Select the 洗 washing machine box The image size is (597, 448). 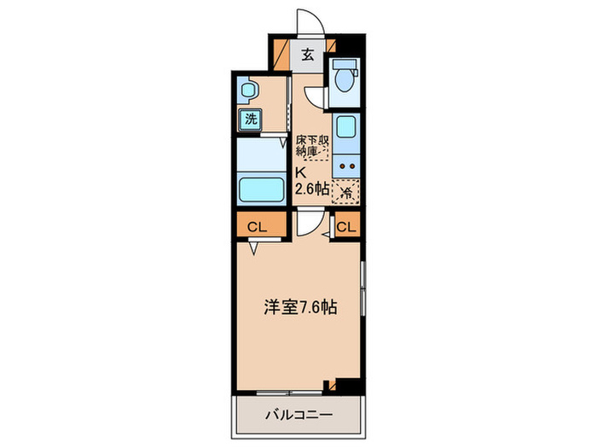click(251, 119)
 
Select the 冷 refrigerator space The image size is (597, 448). click(346, 192)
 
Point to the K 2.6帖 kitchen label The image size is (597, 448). click(310, 182)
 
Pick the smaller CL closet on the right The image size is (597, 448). click(346, 226)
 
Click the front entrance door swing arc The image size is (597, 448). click(307, 21)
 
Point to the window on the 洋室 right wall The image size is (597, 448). click(364, 287)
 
